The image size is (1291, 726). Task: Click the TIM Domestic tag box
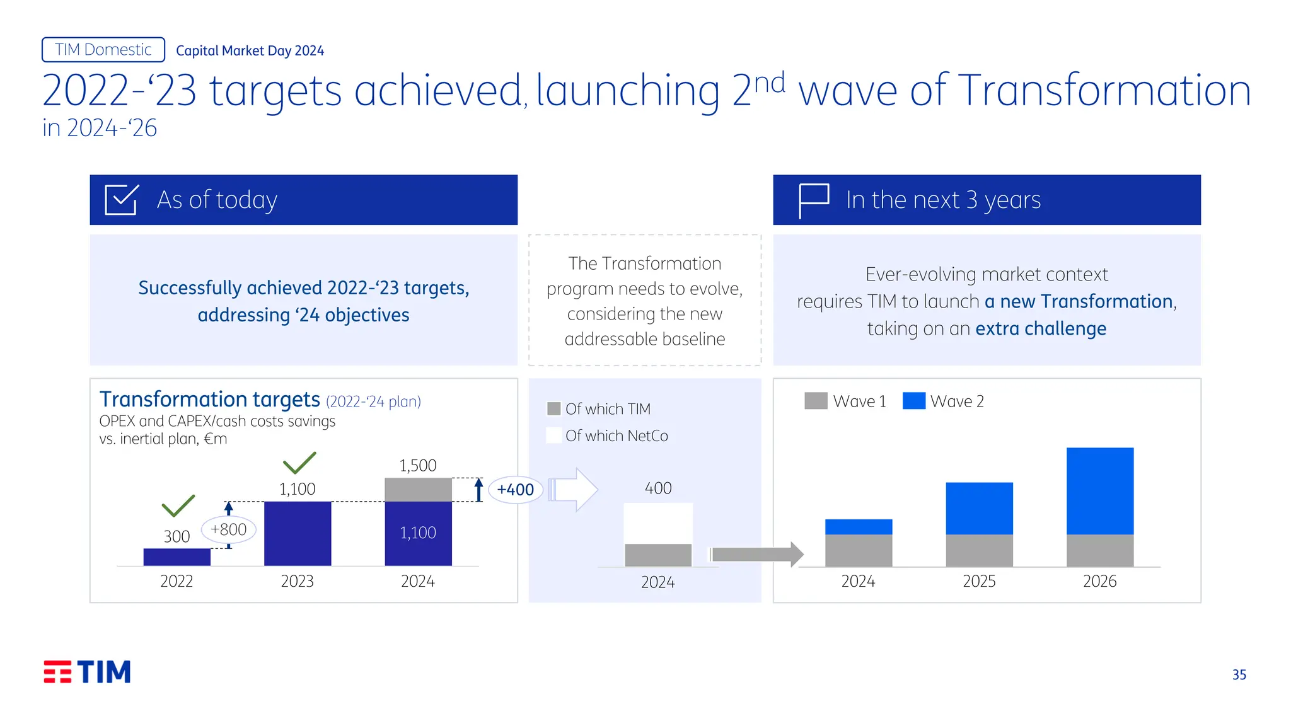pos(103,50)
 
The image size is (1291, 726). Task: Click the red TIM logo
pos(87,672)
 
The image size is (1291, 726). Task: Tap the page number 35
pos(1239,675)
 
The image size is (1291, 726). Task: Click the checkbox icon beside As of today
pos(121,200)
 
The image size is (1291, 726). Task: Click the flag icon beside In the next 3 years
pos(813,200)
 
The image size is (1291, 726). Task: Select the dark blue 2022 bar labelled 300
pos(177,557)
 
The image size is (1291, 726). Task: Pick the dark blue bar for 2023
pos(298,533)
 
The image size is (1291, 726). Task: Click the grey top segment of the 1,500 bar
pos(418,490)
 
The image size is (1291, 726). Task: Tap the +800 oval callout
pos(228,529)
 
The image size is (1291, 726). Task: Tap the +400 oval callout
pos(515,490)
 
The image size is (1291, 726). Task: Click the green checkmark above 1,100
pos(299,463)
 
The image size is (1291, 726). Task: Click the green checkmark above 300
pos(178,505)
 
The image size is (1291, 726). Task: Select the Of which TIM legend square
pos(554,409)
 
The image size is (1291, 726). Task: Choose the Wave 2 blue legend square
pos(913,401)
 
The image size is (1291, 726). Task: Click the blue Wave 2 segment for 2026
pos(1100,491)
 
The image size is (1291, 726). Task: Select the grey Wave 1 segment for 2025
pos(979,550)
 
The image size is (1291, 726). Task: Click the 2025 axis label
pos(979,581)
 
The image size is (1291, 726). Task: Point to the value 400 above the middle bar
pos(658,488)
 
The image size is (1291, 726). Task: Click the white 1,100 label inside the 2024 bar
pos(418,533)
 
